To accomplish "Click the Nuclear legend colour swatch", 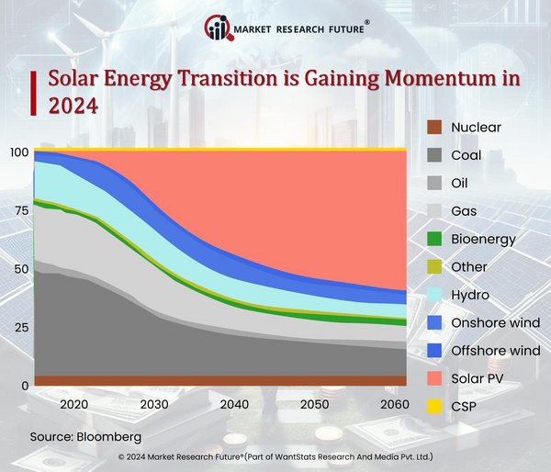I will point(435,128).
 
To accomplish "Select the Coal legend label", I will point(467,155).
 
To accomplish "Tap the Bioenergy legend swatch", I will point(435,239).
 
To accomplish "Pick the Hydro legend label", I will point(470,295).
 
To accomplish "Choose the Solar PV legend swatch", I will point(435,378).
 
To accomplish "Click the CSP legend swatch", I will point(435,406).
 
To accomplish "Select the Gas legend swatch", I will point(435,211).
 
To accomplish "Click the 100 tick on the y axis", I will point(17,152).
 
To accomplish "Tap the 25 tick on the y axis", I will point(20,328).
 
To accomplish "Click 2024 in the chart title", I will point(73,107).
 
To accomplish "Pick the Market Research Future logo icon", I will point(219,28).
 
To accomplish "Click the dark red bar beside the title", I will point(34,93).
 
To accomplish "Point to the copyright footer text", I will point(275,456).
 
